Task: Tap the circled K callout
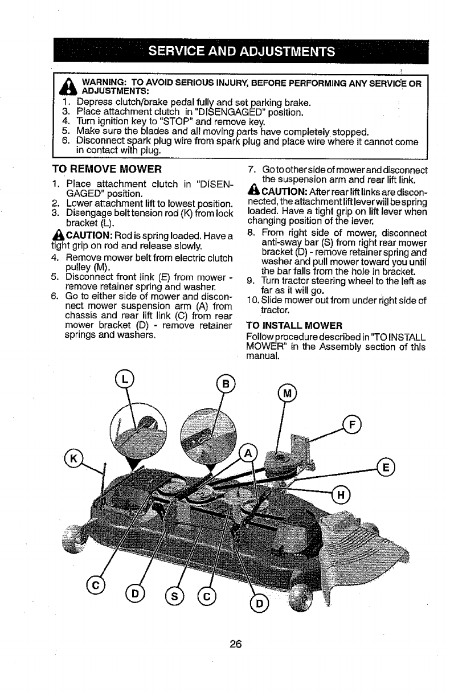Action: [x=74, y=458]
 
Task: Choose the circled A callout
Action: [x=248, y=454]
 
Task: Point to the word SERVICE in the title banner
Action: [x=180, y=52]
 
